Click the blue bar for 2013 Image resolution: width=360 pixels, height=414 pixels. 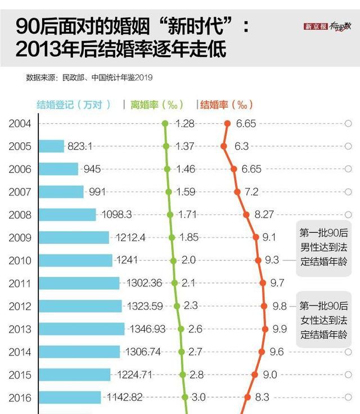point(82,328)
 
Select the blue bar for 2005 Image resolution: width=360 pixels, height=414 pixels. point(51,146)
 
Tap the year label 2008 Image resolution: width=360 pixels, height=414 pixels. point(20,214)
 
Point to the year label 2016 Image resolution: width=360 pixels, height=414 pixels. point(20,397)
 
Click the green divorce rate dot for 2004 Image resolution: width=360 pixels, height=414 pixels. point(165,123)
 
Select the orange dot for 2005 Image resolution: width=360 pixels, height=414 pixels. point(224,146)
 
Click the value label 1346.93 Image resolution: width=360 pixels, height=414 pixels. point(148,328)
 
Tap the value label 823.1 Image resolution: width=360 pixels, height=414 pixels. point(80,146)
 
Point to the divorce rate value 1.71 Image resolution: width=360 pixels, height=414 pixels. point(188,214)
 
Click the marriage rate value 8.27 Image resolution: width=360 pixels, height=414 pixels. point(264,214)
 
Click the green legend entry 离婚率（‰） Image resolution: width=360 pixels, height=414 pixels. point(157,105)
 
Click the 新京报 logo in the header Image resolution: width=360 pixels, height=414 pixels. point(316,26)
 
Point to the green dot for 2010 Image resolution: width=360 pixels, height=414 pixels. point(173,260)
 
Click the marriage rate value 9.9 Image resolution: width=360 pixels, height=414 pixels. point(280,328)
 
